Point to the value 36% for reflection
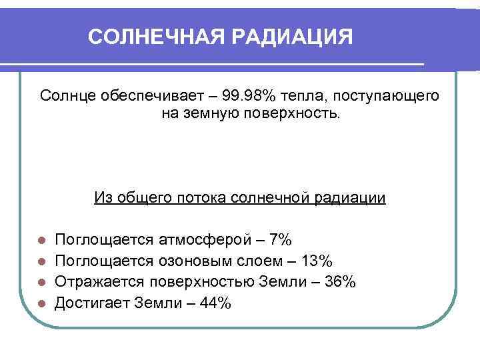(339, 281)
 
